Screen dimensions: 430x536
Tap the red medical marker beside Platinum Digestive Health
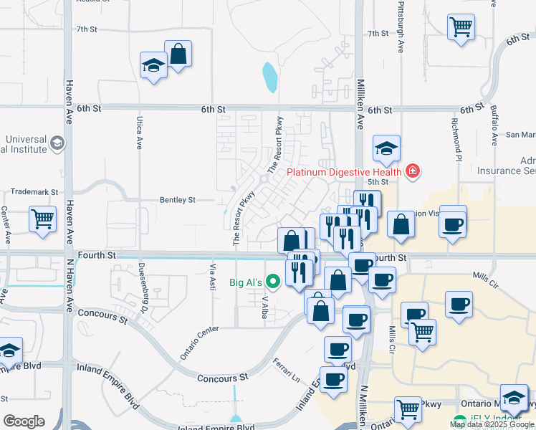[412, 171]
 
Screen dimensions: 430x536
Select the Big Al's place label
[245, 282]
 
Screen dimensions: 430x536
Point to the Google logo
[24, 421]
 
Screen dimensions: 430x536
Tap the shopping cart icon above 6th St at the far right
[461, 28]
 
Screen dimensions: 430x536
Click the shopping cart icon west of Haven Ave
[42, 218]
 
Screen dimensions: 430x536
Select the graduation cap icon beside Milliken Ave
[386, 148]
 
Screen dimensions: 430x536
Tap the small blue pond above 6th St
[269, 77]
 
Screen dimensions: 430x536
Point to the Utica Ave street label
[139, 133]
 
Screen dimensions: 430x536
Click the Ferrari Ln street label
[284, 371]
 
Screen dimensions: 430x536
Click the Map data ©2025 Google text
[492, 424]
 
